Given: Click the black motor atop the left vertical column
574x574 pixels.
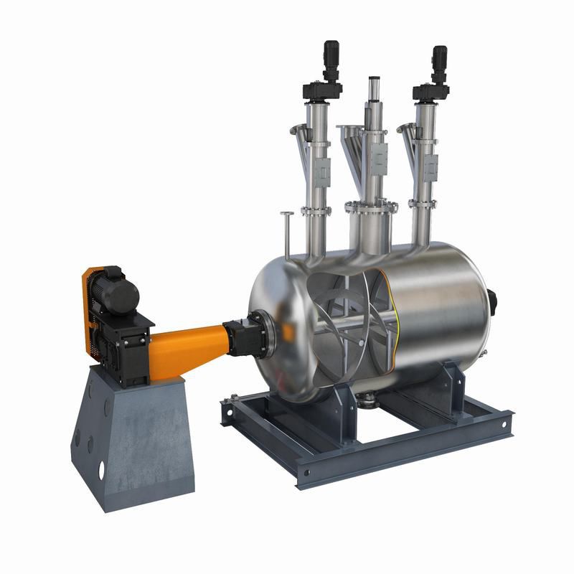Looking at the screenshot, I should tap(330, 54).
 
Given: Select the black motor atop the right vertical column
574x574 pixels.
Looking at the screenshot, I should tap(438, 57).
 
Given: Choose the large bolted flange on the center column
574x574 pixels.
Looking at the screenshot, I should tap(370, 207).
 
